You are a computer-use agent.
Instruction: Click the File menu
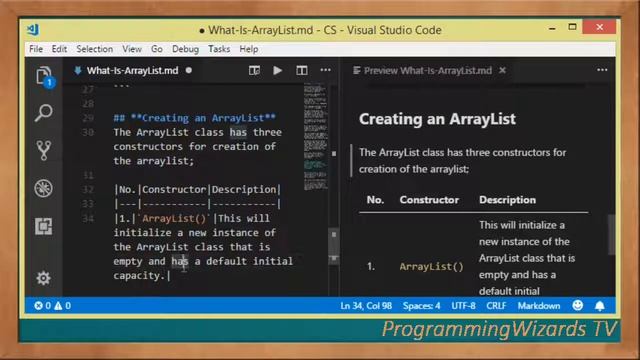(x=36, y=49)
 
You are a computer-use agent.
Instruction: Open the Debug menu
(x=185, y=49)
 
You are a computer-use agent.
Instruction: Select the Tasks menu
(x=219, y=49)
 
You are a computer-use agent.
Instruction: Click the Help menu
(x=249, y=49)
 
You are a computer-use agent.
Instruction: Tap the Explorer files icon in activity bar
(x=44, y=76)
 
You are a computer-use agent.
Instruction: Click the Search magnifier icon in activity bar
(x=44, y=113)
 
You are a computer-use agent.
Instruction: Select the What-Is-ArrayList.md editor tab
(x=132, y=71)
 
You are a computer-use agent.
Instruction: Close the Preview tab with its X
(x=502, y=71)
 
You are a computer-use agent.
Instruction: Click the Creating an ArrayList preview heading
(x=437, y=119)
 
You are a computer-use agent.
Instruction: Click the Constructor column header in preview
(x=429, y=200)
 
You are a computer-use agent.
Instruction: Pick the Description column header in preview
(x=507, y=200)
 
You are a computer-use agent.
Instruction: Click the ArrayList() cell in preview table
(x=431, y=267)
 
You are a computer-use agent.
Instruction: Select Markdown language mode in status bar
(x=538, y=305)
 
